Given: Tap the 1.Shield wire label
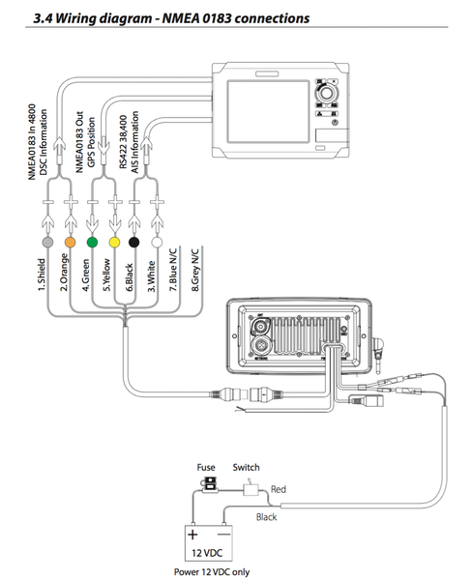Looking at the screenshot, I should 42,274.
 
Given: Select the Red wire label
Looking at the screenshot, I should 280,490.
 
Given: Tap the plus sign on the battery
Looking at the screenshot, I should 192,533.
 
